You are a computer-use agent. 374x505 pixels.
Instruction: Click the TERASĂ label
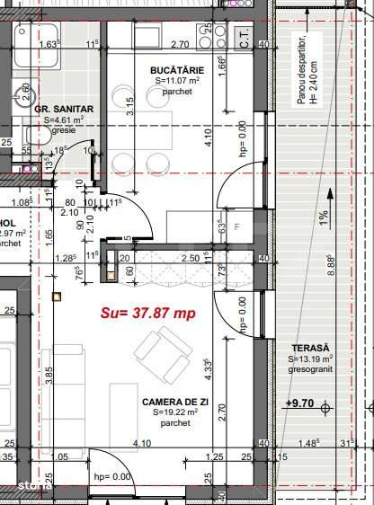310,348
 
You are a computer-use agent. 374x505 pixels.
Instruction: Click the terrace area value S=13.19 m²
310,359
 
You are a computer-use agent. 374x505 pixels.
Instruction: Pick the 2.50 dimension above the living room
190,259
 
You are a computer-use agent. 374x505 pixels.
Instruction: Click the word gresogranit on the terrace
310,368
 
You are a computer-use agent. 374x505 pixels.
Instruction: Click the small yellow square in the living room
57,295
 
